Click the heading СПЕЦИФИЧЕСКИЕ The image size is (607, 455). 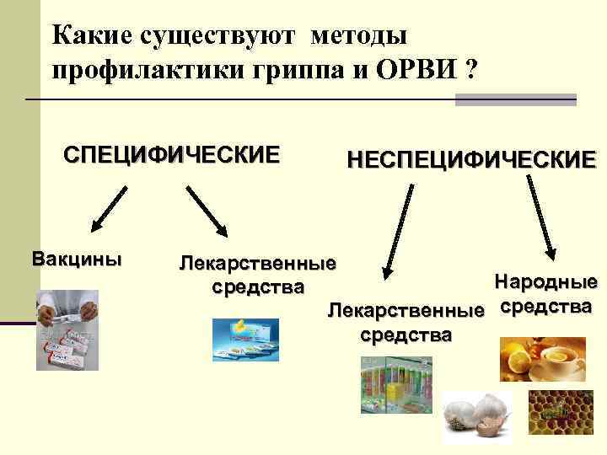coord(171,156)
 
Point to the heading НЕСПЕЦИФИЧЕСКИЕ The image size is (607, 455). coord(471,159)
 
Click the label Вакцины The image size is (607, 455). coord(76,257)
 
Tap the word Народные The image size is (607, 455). coord(545,281)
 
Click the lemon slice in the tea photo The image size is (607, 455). coord(513,352)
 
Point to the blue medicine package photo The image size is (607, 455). coord(245,339)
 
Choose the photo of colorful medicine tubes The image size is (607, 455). coord(396,383)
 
